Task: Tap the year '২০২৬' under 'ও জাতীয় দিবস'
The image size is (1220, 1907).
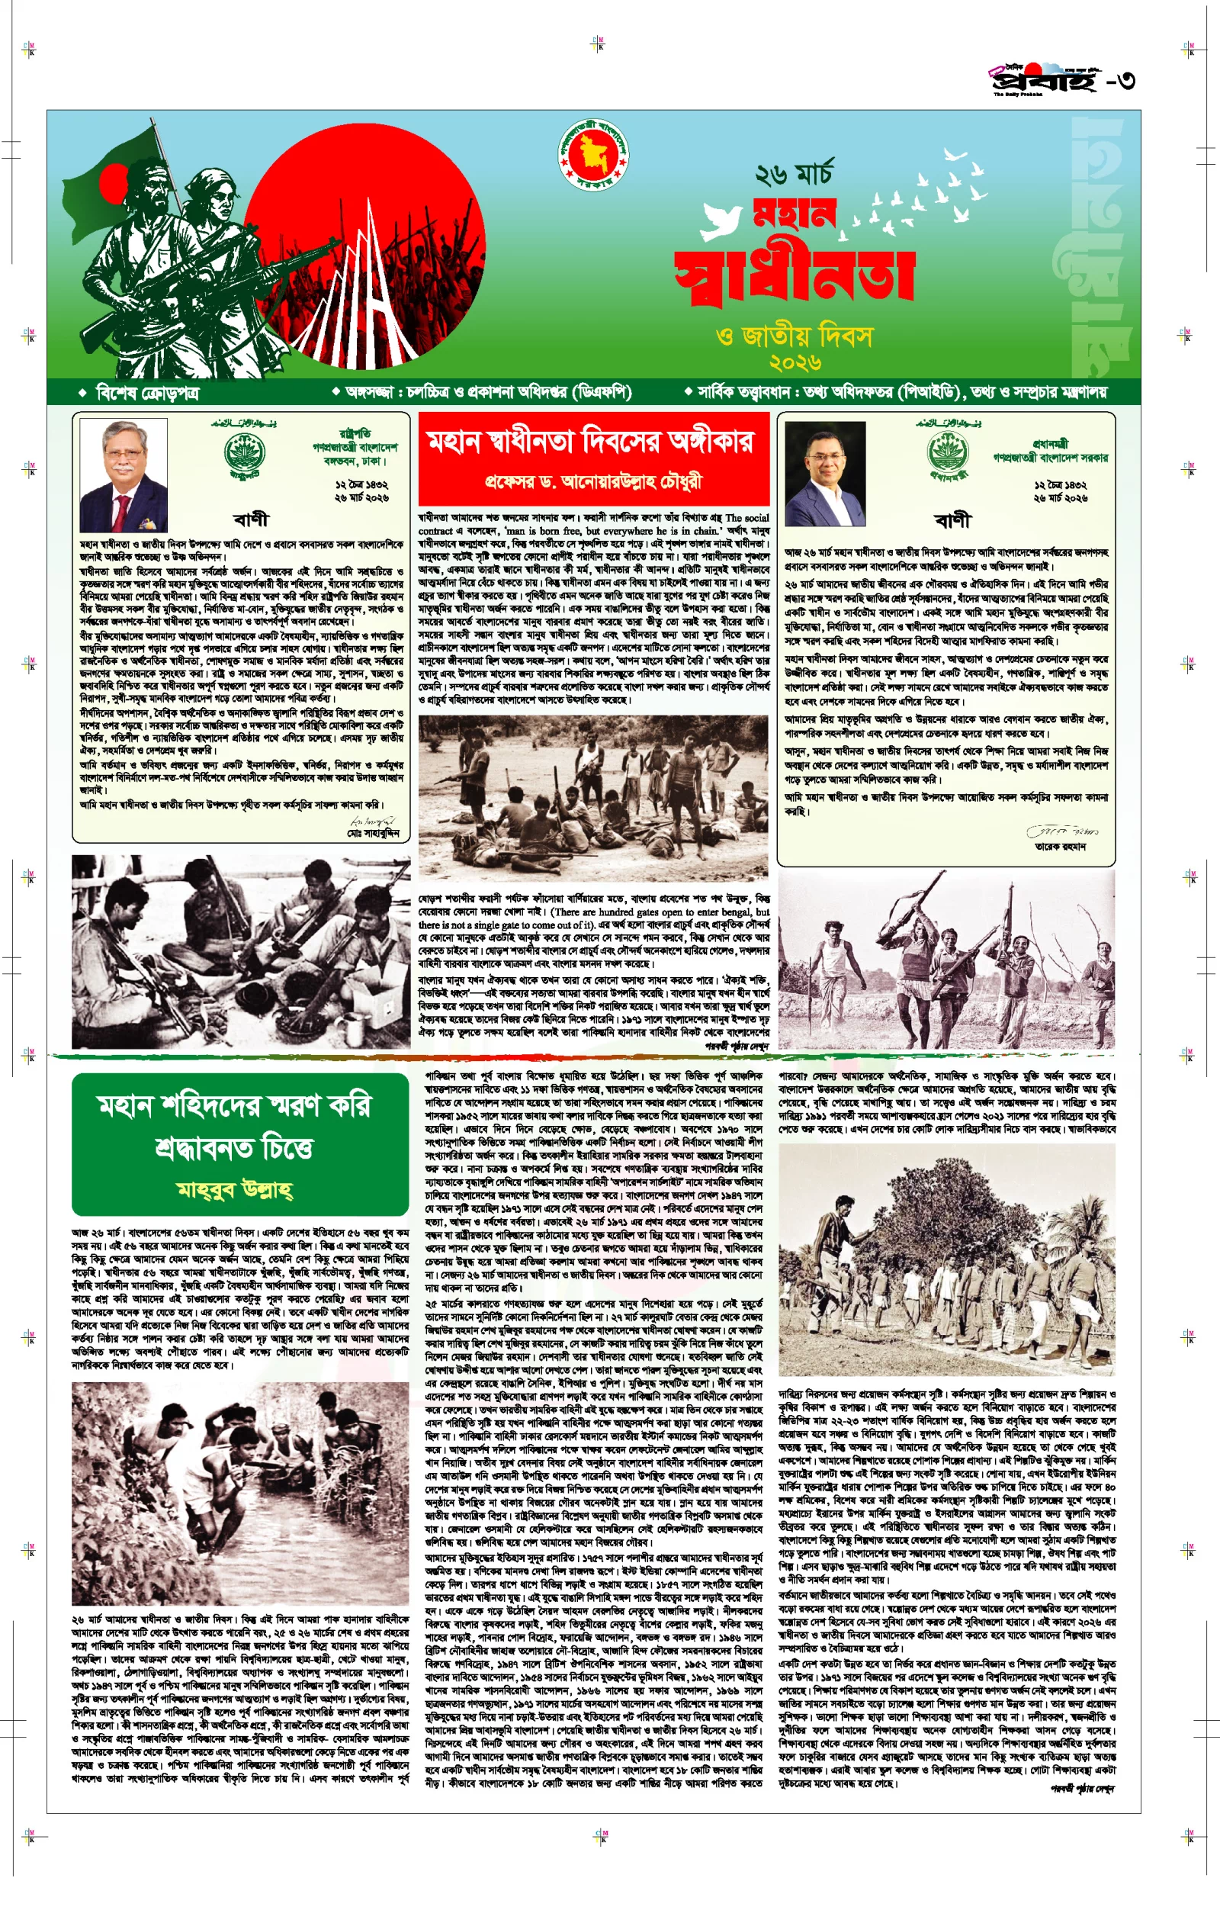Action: click(x=795, y=363)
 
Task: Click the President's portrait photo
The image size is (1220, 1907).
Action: click(x=124, y=475)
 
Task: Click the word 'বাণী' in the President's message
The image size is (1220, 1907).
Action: click(x=251, y=519)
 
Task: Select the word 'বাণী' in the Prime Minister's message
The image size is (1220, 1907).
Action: click(x=952, y=520)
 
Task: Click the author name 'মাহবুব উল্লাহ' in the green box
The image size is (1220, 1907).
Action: click(x=236, y=1189)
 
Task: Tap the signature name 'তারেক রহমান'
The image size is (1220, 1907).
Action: click(x=1060, y=846)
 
